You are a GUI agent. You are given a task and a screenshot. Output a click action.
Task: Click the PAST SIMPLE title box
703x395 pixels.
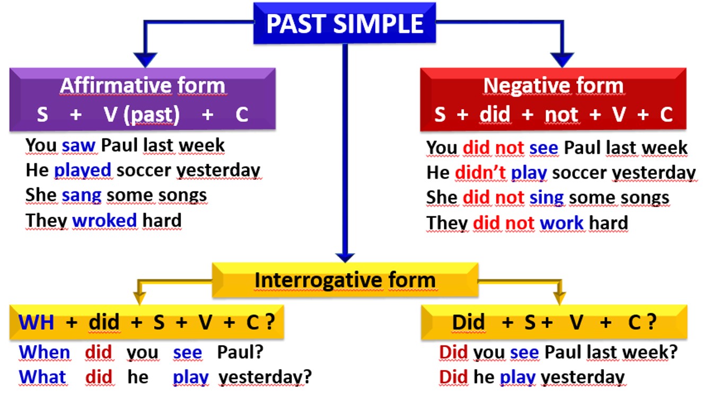click(345, 23)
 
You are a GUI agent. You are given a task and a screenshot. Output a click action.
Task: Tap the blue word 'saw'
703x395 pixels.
click(78, 146)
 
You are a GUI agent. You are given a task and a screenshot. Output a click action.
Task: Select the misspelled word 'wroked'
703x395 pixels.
click(104, 220)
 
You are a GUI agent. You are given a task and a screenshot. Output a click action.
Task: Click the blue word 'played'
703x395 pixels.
click(83, 170)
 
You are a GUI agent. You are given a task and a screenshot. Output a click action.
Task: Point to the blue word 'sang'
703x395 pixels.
click(82, 196)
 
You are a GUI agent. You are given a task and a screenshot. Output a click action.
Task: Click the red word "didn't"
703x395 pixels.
click(480, 172)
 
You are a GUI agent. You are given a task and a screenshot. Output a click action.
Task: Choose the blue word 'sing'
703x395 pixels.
click(547, 198)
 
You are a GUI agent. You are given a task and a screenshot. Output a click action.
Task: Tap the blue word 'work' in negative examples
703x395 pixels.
click(561, 223)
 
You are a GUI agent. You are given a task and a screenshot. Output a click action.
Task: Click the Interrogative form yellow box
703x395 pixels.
click(345, 280)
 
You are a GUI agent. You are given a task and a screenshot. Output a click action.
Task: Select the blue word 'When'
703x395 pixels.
click(44, 352)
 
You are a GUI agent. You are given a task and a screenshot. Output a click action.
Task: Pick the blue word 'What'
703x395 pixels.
click(42, 377)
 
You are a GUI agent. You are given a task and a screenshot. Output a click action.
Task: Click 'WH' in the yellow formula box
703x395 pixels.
click(37, 322)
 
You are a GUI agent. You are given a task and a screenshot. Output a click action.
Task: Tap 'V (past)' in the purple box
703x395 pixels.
click(142, 115)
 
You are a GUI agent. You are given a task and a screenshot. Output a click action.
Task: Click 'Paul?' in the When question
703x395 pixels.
click(240, 352)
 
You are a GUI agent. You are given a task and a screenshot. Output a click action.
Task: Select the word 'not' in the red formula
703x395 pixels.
click(561, 115)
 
